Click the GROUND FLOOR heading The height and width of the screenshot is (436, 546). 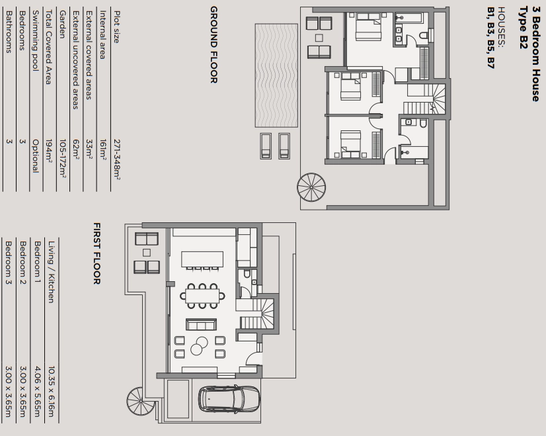tap(214, 44)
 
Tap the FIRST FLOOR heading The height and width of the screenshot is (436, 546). tap(97, 253)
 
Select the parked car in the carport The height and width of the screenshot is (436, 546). tap(229, 399)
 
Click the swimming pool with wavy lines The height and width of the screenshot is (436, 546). tap(276, 75)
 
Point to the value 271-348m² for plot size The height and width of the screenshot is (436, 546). tap(116, 160)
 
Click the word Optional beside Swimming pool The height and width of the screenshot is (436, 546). tap(35, 155)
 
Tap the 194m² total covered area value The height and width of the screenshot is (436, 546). tap(49, 151)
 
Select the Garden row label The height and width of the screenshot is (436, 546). tap(62, 24)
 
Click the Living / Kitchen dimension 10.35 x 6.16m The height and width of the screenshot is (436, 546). tap(51, 392)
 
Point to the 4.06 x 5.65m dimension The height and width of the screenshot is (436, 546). tap(37, 392)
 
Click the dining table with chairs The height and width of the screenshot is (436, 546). tap(202, 296)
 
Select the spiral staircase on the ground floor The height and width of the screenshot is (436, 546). tap(311, 187)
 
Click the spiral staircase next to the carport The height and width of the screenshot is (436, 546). tap(141, 401)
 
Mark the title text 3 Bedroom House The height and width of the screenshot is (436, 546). tap(535, 54)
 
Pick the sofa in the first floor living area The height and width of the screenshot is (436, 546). tap(201, 324)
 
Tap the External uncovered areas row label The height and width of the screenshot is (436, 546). tap(75, 60)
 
